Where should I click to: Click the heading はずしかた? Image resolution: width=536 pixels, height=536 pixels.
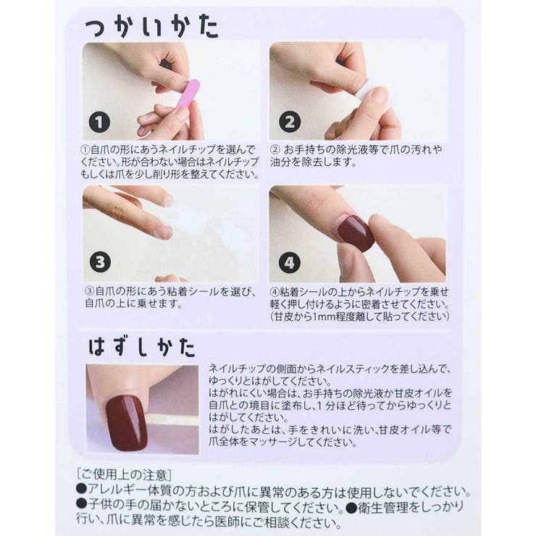[x=142, y=346]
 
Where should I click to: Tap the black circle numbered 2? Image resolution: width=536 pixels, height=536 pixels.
[x=289, y=122]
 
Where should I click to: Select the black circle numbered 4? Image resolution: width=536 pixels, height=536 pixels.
[x=289, y=262]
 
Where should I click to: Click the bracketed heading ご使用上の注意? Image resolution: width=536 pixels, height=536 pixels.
[x=124, y=475]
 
